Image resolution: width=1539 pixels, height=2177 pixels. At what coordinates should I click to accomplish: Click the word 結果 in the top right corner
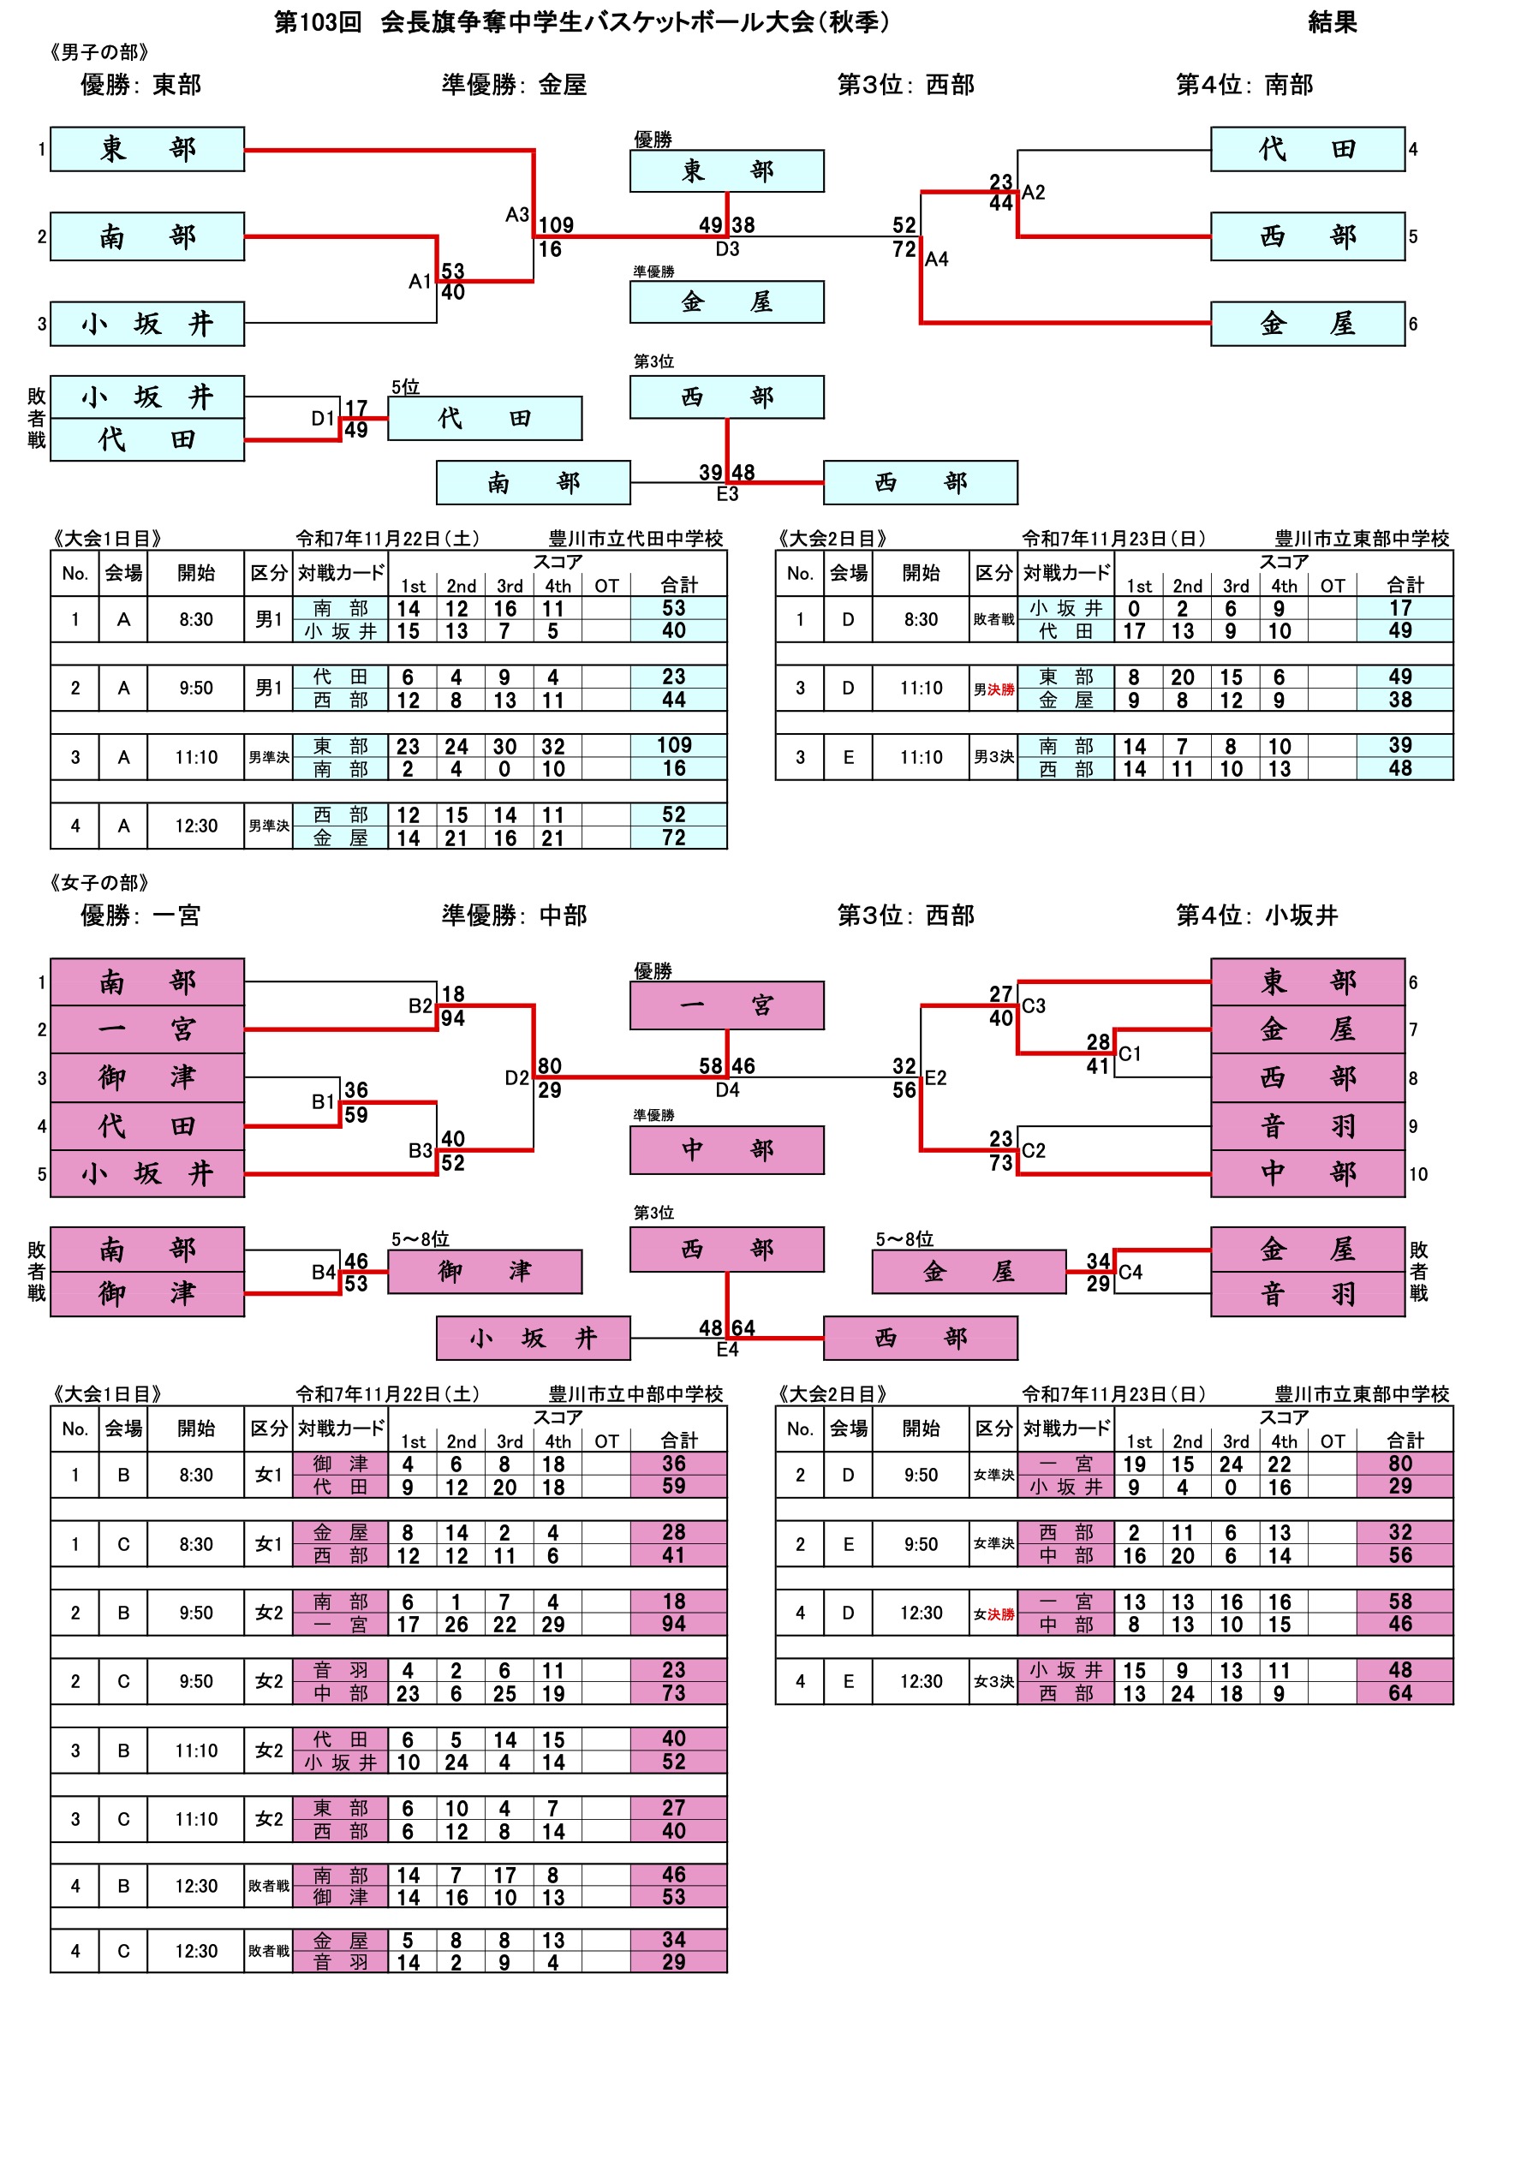click(1332, 21)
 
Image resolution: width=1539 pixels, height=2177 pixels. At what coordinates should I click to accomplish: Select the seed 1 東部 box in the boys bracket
click(147, 149)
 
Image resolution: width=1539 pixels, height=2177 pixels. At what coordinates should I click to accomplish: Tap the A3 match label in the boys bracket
click(516, 215)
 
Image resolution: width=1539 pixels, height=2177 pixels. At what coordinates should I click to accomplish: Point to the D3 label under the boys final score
click(727, 249)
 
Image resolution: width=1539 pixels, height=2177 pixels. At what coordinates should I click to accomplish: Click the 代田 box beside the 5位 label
click(485, 418)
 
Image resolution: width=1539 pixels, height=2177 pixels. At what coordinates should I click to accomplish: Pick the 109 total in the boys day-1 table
click(673, 746)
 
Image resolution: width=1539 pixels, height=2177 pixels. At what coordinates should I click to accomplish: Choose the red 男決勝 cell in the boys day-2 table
click(993, 689)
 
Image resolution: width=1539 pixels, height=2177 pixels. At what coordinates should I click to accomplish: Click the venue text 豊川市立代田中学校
click(635, 539)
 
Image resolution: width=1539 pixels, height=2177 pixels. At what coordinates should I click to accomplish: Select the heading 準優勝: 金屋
click(514, 86)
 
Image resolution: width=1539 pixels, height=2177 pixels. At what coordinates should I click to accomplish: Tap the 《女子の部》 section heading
click(99, 883)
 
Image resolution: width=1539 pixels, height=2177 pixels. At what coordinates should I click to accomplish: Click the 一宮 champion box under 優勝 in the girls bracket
click(726, 1005)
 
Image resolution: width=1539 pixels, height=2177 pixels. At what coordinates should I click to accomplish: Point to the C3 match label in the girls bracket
click(1034, 1006)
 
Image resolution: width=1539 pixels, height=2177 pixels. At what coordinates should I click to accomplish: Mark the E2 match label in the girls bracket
click(936, 1078)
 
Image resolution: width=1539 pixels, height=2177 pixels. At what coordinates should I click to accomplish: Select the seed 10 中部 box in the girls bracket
click(1307, 1174)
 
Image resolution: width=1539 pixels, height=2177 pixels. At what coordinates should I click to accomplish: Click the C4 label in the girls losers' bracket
click(1130, 1273)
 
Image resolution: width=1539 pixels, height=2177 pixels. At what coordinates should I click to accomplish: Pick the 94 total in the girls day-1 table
click(673, 1625)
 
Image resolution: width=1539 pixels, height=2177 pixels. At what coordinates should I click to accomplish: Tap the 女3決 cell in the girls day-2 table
click(993, 1682)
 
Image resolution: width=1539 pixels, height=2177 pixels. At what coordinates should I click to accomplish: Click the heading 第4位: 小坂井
click(1256, 916)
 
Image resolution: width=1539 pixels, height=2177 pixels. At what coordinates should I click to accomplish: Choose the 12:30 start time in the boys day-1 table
click(196, 826)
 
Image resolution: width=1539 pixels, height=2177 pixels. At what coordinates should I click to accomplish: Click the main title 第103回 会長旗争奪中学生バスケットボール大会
click(582, 21)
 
